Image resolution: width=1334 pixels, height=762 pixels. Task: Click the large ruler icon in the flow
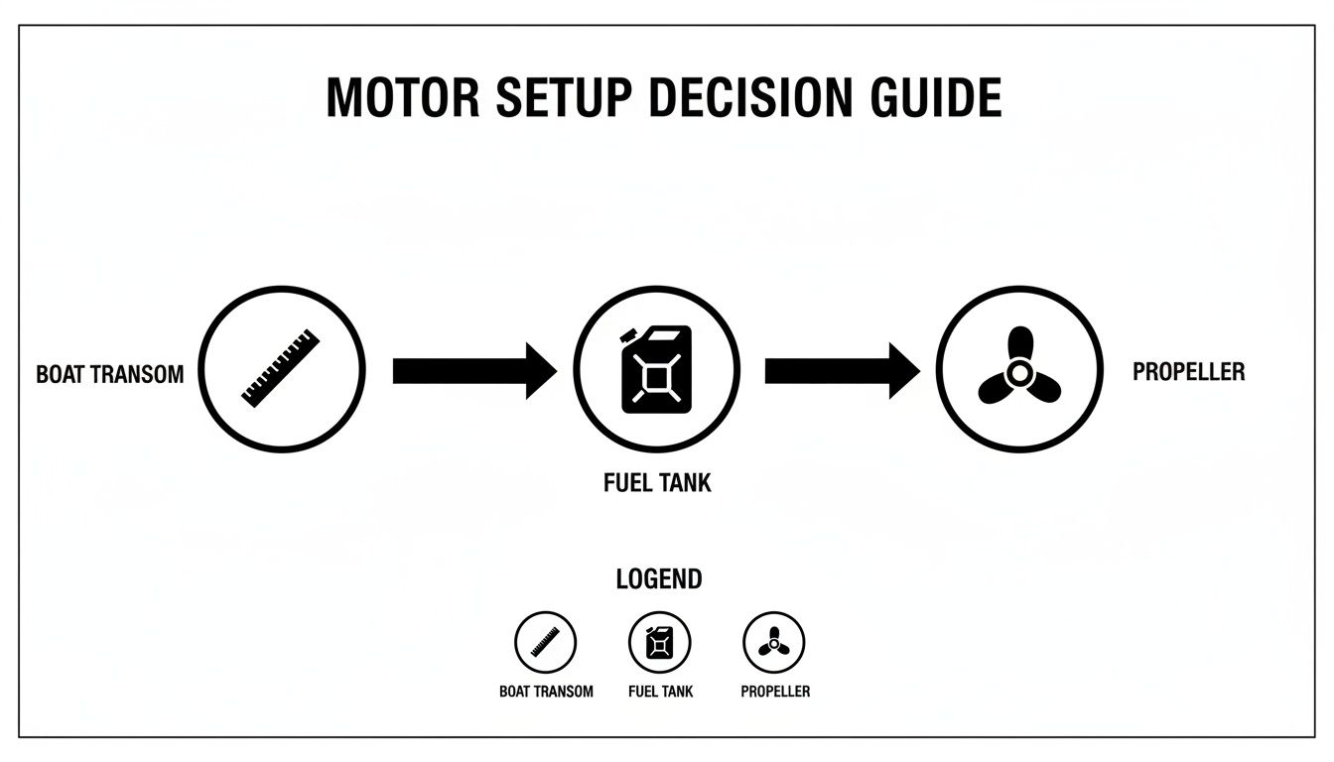[281, 368]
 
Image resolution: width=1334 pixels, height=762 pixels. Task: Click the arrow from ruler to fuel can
[473, 371]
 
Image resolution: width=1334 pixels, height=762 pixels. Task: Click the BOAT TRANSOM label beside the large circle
[109, 375]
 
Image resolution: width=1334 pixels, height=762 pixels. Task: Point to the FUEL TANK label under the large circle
[657, 484]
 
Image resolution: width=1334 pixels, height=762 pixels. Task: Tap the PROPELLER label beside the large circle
[1188, 372]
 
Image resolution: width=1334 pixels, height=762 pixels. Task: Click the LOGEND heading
[658, 578]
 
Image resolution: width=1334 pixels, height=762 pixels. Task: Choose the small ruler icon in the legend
[545, 642]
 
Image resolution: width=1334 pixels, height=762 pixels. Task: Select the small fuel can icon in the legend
[659, 642]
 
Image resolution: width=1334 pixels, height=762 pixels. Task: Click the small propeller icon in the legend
[773, 643]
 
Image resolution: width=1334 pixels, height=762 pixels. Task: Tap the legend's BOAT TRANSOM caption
[546, 691]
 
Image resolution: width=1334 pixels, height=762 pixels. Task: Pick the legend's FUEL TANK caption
[660, 691]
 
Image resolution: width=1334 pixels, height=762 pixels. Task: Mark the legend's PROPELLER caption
[774, 691]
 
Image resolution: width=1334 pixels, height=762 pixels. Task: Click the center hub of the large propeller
[1018, 373]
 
